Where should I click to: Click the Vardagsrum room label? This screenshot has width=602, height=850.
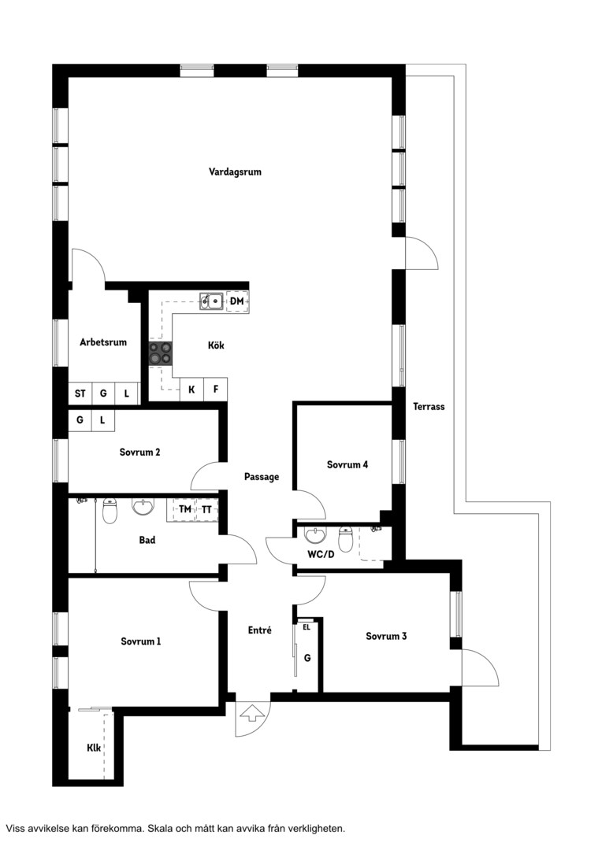click(235, 172)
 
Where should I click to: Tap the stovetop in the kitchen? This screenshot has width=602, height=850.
click(160, 353)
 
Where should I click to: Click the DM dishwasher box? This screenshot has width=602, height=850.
click(237, 301)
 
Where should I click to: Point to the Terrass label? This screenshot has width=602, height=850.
click(429, 406)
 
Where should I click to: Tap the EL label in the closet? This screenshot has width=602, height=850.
click(307, 627)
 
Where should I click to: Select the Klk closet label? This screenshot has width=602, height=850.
click(93, 748)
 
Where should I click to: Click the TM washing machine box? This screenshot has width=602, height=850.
click(184, 509)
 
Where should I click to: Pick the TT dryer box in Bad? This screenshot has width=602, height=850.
click(206, 509)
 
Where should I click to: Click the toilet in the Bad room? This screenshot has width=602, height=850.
click(110, 511)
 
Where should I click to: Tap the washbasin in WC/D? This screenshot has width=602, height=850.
click(315, 535)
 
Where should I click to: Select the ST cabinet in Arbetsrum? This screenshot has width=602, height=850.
click(80, 394)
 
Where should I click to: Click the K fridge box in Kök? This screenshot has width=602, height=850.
click(191, 390)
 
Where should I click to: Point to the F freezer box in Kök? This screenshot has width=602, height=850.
click(215, 390)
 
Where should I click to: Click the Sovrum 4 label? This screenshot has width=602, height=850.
click(347, 464)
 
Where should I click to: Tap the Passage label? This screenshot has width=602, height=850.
click(262, 477)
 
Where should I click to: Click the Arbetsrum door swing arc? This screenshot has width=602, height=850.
click(95, 260)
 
